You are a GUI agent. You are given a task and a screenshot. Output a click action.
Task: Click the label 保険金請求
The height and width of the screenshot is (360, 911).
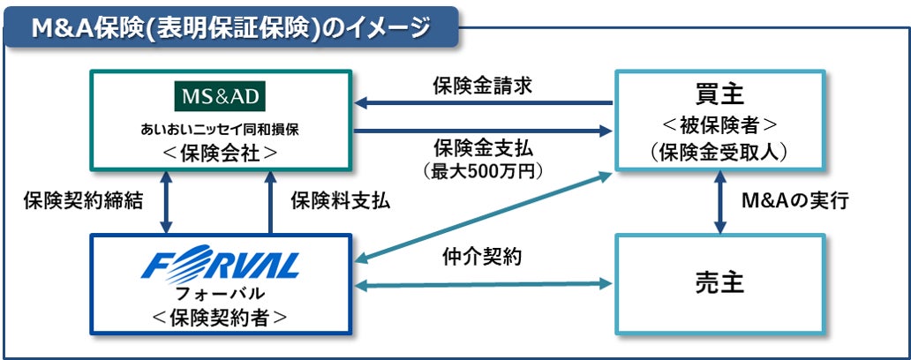pos(481,86)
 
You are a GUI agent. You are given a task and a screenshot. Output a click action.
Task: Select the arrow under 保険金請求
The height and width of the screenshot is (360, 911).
pos(490,105)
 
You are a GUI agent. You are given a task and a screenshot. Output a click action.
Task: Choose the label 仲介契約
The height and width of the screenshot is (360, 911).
pos(482,259)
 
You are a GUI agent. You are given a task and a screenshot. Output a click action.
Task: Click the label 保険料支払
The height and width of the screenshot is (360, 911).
pos(340,201)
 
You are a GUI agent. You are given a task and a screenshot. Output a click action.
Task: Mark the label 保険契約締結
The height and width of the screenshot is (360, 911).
pos(82,201)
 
